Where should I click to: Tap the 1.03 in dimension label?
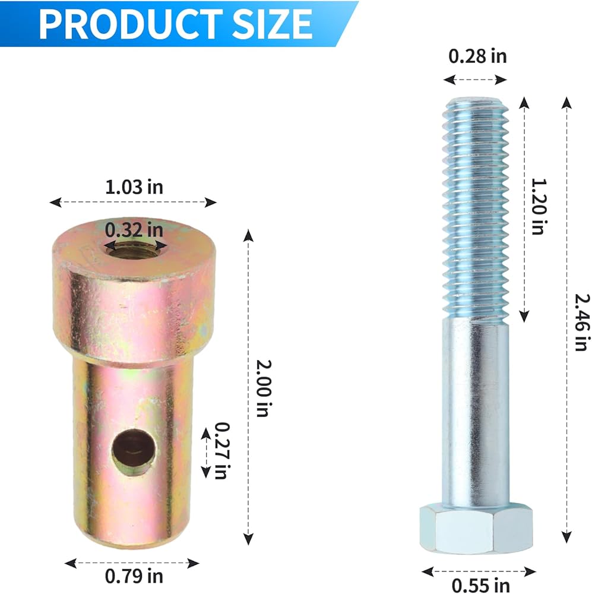click(x=134, y=187)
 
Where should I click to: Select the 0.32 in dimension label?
click(x=134, y=230)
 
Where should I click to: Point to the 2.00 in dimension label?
click(x=264, y=388)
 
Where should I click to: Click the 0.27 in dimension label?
click(x=222, y=450)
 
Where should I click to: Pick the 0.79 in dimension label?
click(x=134, y=576)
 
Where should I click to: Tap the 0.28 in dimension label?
click(x=477, y=56)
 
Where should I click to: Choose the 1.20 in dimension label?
click(x=538, y=207)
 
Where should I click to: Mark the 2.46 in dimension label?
click(x=582, y=323)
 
